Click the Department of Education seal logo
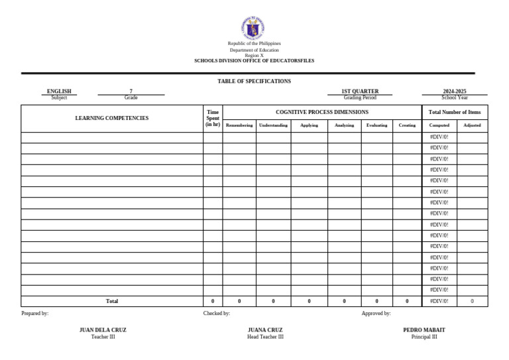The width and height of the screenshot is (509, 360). coord(254,27)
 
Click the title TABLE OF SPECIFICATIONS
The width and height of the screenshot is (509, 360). coord(254,81)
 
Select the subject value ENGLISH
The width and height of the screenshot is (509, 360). coord(59,91)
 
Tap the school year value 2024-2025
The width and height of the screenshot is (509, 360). coord(455,91)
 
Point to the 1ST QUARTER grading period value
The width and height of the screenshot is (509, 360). coord(360,91)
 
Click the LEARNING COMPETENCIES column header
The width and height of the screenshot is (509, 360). coord(112,118)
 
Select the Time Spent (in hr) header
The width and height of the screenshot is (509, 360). coord(213,118)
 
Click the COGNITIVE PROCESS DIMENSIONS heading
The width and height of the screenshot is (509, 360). coord(321,112)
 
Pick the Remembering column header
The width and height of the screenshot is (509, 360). coord(239,125)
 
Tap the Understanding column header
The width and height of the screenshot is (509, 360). coord(273,125)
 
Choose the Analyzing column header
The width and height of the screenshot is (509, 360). coord(344,125)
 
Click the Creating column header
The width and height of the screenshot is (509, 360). coord(407,125)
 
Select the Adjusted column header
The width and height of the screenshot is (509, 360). coord(472,125)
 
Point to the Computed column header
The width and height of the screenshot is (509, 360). coord(439,125)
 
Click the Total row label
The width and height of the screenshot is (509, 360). coord(112,301)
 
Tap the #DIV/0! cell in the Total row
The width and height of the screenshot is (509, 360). coord(439,301)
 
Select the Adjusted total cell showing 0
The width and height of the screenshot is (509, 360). coord(472,301)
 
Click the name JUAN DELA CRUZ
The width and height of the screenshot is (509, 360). coord(103,330)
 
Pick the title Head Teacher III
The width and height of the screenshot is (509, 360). coord(265,337)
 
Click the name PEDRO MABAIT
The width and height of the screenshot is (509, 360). coord(424,330)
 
